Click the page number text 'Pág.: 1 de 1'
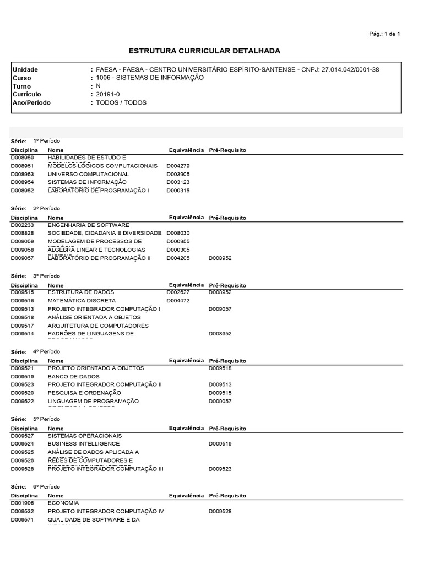[384, 34]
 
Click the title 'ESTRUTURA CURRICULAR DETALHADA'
[204, 51]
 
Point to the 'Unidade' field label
[25, 70]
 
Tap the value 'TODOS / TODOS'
[121, 102]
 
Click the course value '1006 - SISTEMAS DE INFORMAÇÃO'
[150, 78]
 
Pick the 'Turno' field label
[22, 86]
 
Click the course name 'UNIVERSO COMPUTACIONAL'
[88, 174]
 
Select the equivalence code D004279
[178, 166]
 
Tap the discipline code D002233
[23, 225]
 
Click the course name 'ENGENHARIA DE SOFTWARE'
[89, 225]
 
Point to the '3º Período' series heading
[47, 276]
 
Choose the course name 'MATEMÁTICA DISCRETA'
[82, 301]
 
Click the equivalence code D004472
[178, 301]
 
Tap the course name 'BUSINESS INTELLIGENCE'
[84, 443]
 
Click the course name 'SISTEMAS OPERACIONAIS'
[85, 436]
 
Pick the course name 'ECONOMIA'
[63, 503]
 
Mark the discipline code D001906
[23, 503]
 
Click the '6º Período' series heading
[47, 487]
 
